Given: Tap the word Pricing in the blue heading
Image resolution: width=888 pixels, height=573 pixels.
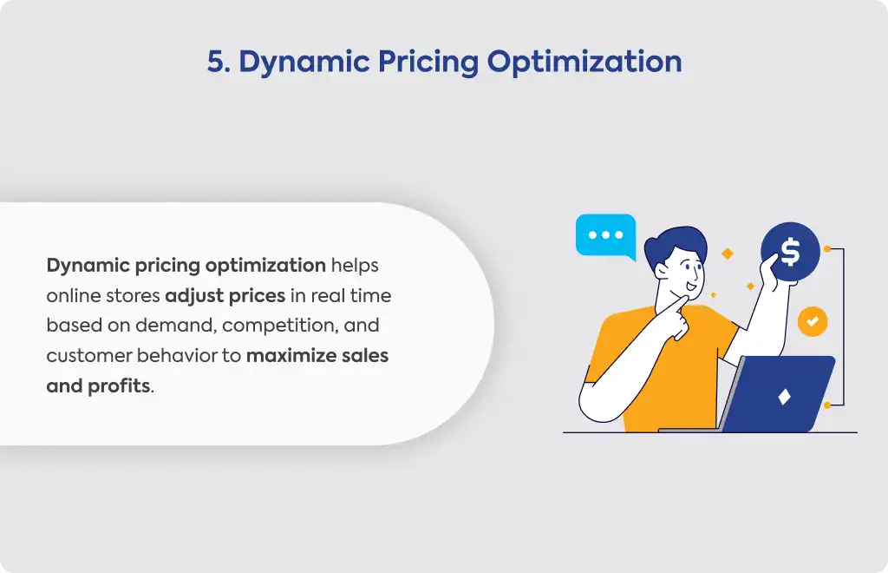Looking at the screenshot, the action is [428, 63].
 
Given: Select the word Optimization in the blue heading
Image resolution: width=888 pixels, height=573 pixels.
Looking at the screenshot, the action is [584, 63].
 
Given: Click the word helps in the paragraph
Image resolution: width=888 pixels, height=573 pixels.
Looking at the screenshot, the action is [355, 266].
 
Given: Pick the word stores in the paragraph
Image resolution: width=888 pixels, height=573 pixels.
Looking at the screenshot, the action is [132, 296].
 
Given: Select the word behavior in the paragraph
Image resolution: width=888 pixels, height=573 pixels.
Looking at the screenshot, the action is [177, 355].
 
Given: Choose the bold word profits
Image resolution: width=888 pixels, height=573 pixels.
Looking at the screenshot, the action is [120, 386].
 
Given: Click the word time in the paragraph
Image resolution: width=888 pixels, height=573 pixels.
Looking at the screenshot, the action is [370, 296].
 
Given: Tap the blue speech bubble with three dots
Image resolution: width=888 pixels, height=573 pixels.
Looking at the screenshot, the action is [606, 235].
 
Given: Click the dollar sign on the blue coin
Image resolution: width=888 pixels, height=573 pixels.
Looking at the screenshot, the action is [791, 252].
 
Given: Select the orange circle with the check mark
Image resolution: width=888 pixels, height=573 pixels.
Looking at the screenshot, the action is [813, 321].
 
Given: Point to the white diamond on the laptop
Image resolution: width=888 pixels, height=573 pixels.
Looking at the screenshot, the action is [784, 396].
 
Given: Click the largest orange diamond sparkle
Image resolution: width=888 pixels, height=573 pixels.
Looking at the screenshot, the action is [728, 254].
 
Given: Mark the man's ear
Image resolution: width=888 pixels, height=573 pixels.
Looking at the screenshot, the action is [661, 271].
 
